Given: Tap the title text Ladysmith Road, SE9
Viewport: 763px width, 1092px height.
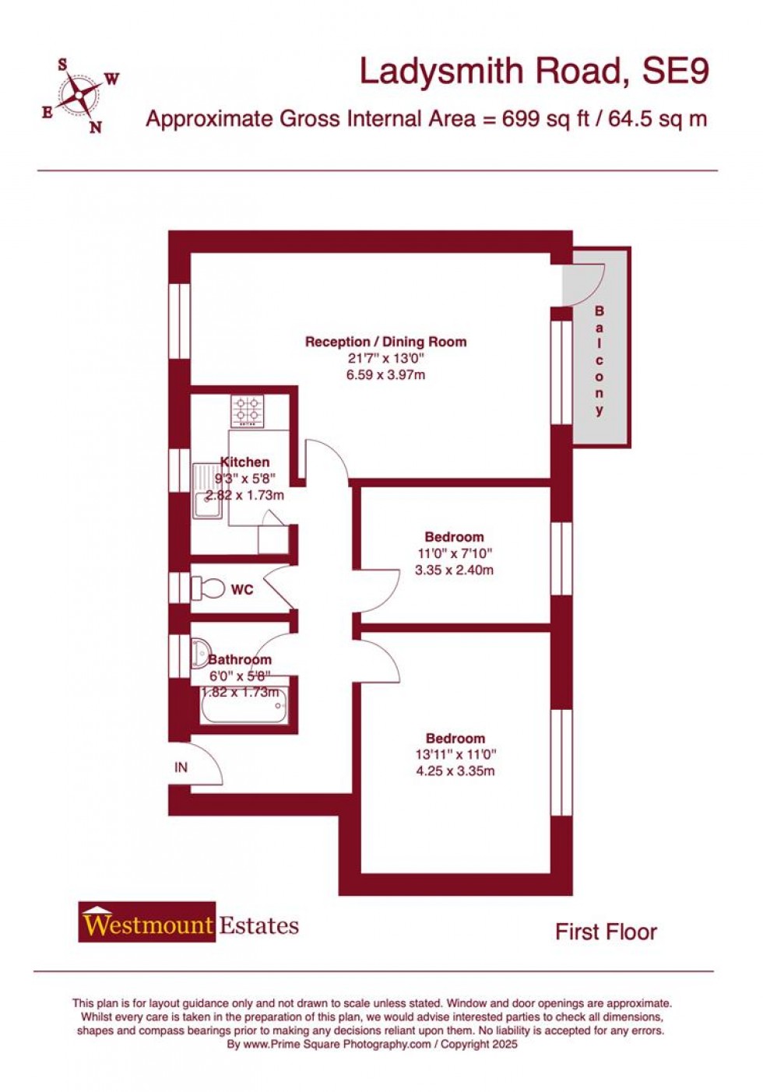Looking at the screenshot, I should (533, 72).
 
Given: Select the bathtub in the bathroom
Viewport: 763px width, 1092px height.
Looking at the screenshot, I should (244, 705).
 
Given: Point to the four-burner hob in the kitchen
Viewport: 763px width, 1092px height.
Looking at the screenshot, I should (248, 410).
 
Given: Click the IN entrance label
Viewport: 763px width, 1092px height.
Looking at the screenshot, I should (181, 767).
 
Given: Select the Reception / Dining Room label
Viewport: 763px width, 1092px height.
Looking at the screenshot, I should (385, 342).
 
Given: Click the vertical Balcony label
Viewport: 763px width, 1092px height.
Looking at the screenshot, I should (599, 361).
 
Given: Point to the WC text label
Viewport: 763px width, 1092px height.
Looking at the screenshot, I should (242, 590).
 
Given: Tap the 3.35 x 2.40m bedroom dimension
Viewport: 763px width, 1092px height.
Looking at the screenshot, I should (454, 570).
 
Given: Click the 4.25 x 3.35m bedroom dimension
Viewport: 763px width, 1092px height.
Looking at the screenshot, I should (455, 771).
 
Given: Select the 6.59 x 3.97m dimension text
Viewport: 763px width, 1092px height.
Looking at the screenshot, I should (385, 375).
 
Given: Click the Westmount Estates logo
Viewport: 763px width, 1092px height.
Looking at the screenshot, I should (188, 924).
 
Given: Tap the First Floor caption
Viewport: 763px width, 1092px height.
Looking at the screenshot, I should (606, 932).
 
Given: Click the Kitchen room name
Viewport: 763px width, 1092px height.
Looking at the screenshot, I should (245, 462).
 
